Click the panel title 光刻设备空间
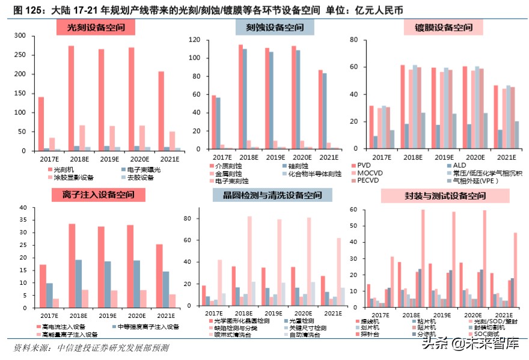point(96,27)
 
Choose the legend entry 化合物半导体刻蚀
point(311,173)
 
